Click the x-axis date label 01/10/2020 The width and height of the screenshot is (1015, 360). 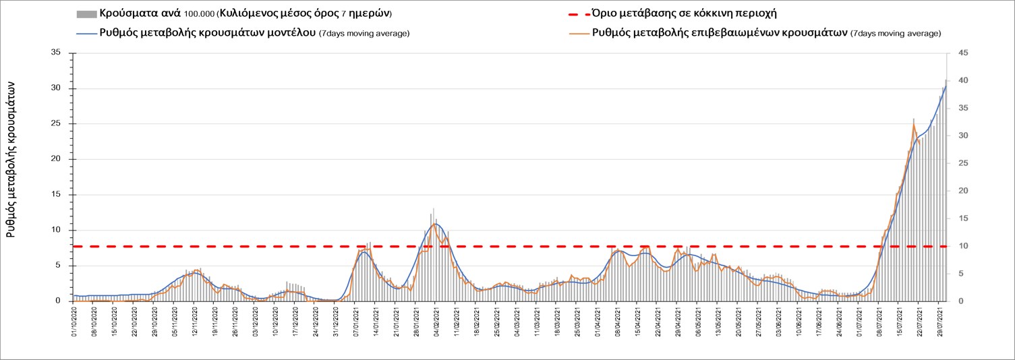click(75, 321)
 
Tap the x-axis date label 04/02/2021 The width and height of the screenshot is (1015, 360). click(436, 321)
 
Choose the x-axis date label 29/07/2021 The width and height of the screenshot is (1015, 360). click(941, 321)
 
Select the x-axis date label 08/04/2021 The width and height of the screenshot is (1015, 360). click(617, 321)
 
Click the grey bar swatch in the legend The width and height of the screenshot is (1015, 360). click(86, 14)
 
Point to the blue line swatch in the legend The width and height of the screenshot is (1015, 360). click(86, 33)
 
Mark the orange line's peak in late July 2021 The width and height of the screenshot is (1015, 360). click(914, 125)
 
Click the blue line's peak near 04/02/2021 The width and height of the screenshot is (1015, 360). click(436, 223)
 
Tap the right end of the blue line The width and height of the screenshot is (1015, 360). click(946, 86)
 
